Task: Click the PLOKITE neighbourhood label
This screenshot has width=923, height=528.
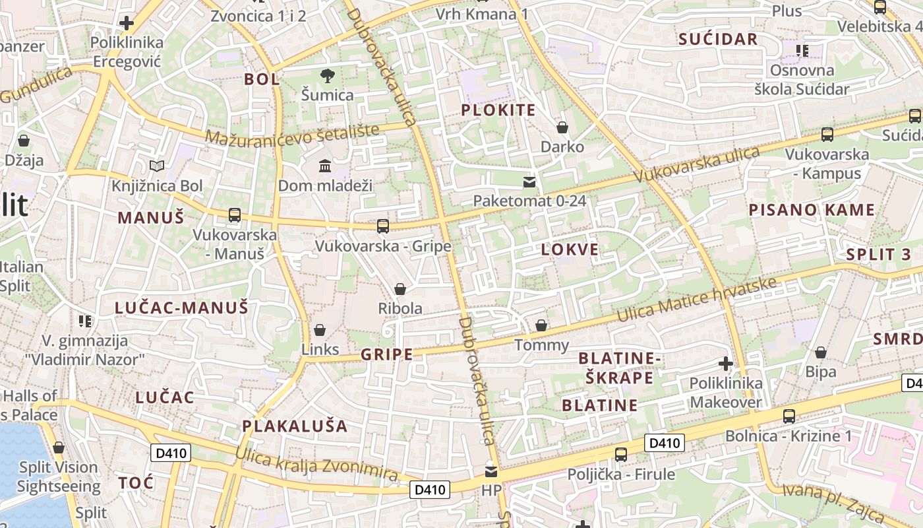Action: pyautogui.click(x=498, y=110)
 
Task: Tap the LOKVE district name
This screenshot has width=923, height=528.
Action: pyautogui.click(x=570, y=249)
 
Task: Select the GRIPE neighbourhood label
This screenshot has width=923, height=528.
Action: pyautogui.click(x=386, y=354)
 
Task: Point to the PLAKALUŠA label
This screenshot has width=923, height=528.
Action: pyautogui.click(x=295, y=426)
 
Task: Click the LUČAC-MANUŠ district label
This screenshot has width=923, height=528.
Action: pyautogui.click(x=181, y=308)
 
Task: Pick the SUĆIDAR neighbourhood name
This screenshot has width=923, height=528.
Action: pyautogui.click(x=719, y=39)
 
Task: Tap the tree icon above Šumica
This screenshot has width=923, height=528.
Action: pyautogui.click(x=327, y=76)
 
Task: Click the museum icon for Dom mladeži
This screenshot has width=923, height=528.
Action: pyautogui.click(x=325, y=166)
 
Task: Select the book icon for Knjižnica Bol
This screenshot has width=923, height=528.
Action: pyautogui.click(x=157, y=166)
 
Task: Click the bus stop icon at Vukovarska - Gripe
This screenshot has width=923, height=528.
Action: pyautogui.click(x=382, y=226)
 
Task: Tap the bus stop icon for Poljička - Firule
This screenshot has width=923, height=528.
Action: pyautogui.click(x=621, y=454)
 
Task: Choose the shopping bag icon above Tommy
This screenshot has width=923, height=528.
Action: pyautogui.click(x=541, y=325)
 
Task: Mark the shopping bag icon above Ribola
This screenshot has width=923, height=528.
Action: pyautogui.click(x=400, y=289)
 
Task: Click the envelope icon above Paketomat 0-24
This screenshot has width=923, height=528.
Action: pyautogui.click(x=529, y=181)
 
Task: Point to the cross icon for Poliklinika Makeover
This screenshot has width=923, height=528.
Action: pyautogui.click(x=726, y=363)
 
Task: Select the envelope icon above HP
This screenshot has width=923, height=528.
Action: pyautogui.click(x=491, y=472)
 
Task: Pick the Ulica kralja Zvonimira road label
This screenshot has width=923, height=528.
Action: pyautogui.click(x=316, y=463)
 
